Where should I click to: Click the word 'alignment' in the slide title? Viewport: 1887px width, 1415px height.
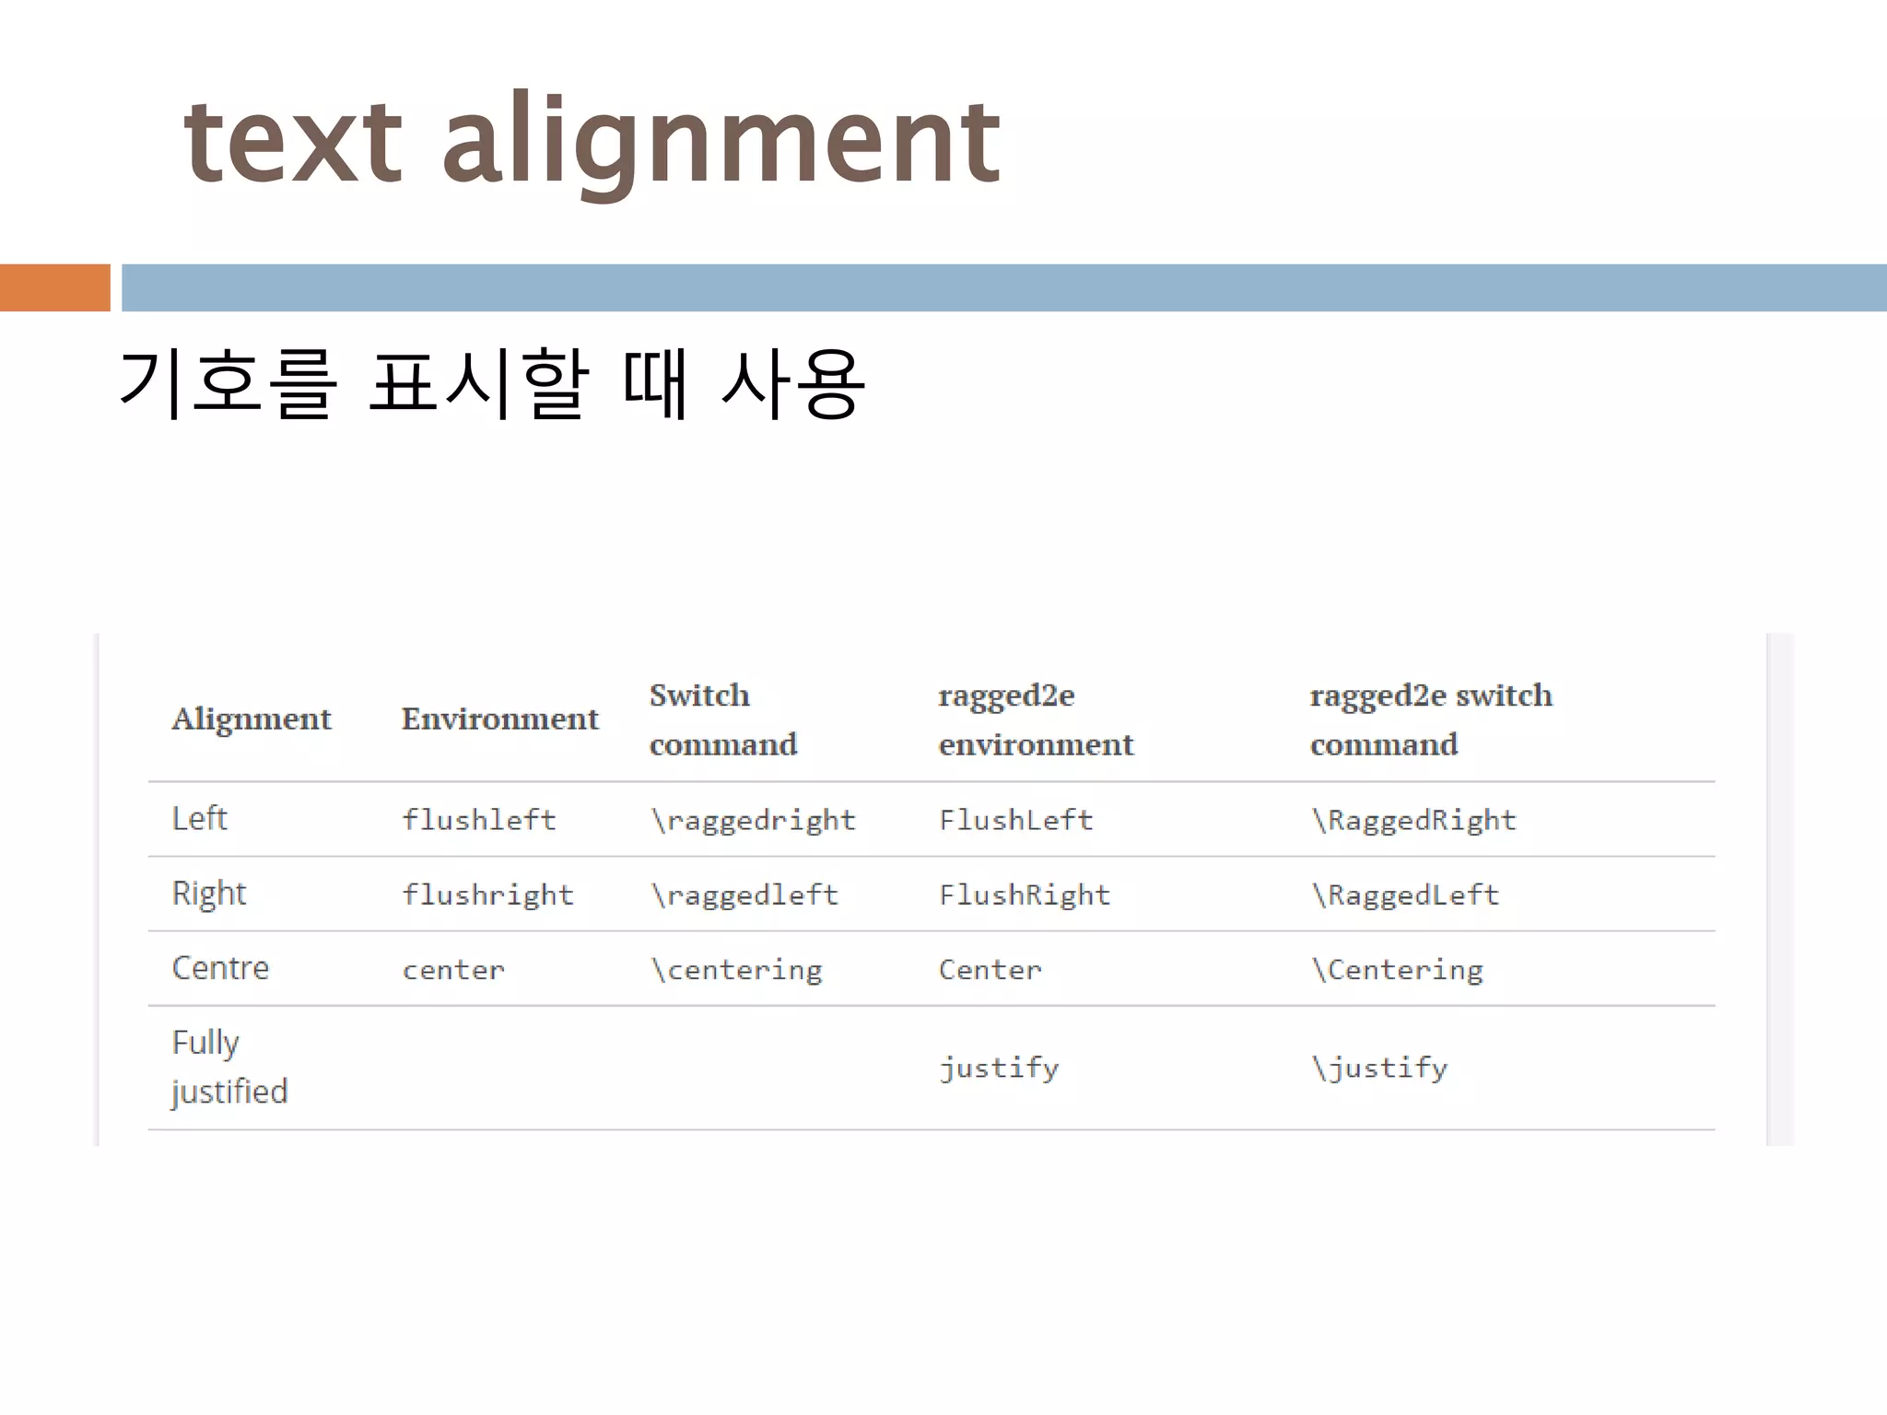(x=721, y=143)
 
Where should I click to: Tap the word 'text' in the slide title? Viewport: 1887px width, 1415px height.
(x=293, y=143)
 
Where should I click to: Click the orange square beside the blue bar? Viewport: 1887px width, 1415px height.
(x=54, y=287)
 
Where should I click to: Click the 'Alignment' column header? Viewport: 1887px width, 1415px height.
(x=251, y=719)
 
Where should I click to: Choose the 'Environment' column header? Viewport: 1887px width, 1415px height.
(x=499, y=719)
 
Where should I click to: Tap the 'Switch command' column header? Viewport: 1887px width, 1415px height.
(x=722, y=719)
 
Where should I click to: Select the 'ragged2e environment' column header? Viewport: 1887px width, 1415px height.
(x=1036, y=719)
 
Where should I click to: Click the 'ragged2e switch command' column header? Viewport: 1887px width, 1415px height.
(x=1430, y=719)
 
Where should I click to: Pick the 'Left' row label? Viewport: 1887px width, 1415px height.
(x=199, y=818)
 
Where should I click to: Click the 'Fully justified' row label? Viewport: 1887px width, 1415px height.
(x=229, y=1067)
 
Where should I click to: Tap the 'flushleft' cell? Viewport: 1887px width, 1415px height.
(x=478, y=820)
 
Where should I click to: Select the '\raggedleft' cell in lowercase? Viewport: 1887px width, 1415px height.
(x=744, y=895)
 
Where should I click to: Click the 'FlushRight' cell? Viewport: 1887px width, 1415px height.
(x=1025, y=895)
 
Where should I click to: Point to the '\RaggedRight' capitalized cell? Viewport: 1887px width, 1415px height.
(x=1413, y=820)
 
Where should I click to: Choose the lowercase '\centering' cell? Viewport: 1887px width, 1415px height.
(x=736, y=970)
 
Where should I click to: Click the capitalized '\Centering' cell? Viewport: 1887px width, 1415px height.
(x=1397, y=970)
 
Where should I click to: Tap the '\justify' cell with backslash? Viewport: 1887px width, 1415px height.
(x=1379, y=1069)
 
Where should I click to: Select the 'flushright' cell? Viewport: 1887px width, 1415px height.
(x=487, y=895)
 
